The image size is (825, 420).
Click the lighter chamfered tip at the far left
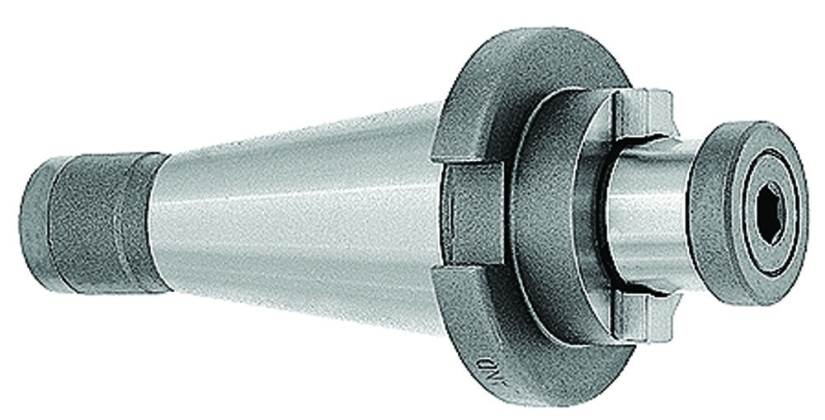(x=31, y=223)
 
